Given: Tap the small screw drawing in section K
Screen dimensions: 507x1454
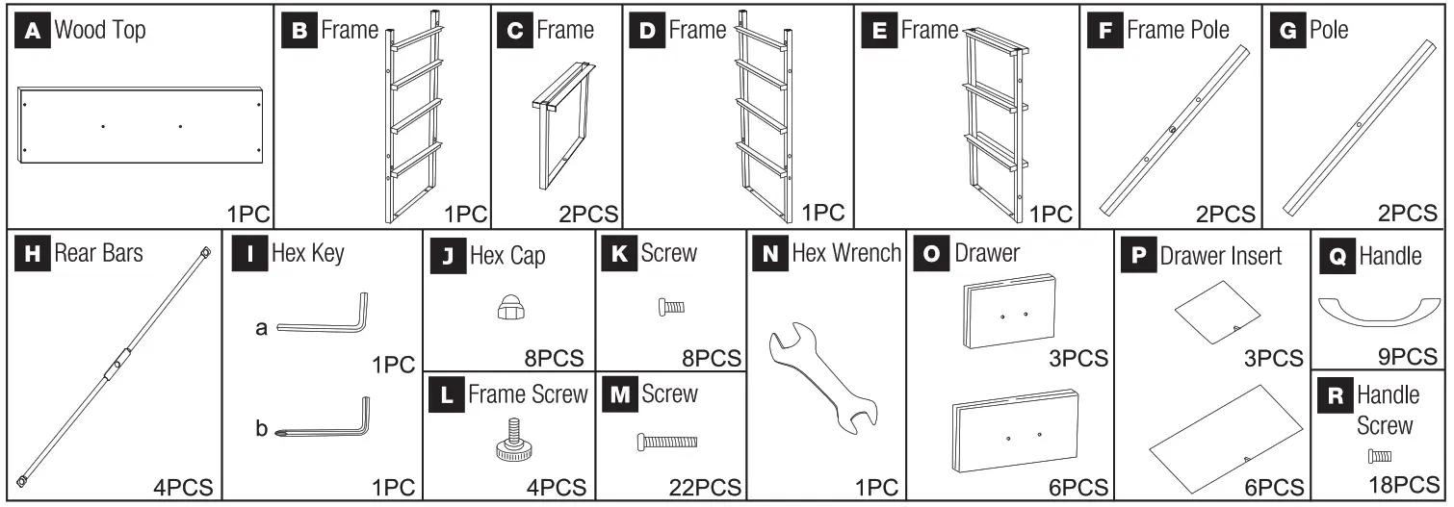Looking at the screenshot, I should coord(670,307).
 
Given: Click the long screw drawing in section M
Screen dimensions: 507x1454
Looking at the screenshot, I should coord(667,442).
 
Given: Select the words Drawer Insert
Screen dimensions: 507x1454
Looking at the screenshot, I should coord(1221,256).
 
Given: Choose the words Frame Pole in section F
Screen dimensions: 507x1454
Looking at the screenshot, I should coord(1178,30).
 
